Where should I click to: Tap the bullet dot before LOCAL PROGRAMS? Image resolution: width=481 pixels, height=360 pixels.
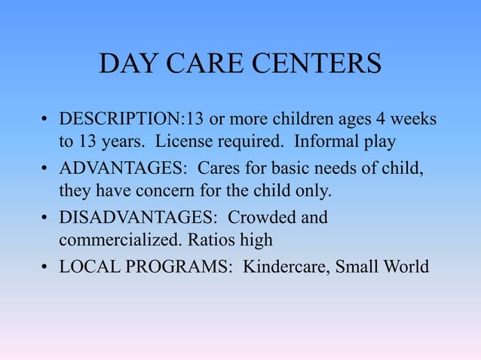pyautogui.click(x=45, y=267)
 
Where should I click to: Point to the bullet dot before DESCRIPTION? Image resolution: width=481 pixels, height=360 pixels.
pyautogui.click(x=45, y=121)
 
